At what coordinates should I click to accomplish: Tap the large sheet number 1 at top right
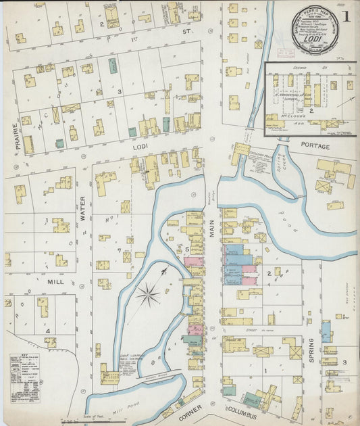pyautogui.click(x=345, y=16)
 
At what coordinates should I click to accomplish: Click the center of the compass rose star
pyautogui.click(x=148, y=294)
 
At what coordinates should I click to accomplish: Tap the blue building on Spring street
pyautogui.click(x=326, y=331)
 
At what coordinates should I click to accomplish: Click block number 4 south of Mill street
pyautogui.click(x=47, y=331)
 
